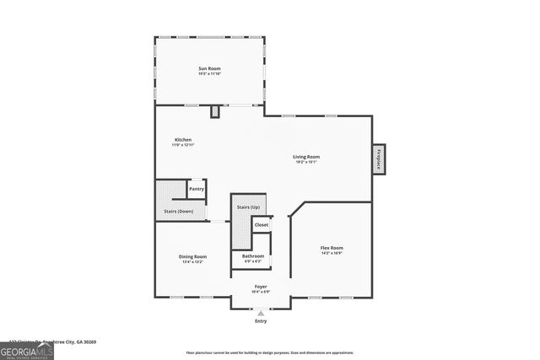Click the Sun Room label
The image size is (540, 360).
209,67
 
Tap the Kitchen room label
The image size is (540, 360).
183,139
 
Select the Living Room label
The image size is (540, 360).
306,157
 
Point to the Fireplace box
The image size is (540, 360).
379,159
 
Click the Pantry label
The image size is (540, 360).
196,189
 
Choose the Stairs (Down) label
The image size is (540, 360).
179,211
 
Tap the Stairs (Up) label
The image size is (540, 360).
248,207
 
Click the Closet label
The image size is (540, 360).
261,225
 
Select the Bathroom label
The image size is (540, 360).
253,255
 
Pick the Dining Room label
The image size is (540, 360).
192,256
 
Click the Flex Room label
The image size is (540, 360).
331,248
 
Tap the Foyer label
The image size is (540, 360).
261,287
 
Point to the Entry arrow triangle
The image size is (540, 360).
261,313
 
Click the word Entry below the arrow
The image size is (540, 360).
261,321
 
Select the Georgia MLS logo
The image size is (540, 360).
27,350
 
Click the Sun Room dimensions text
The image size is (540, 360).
209,73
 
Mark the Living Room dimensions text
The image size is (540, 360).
306,163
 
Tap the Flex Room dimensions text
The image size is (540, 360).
331,254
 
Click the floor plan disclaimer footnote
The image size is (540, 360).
270,352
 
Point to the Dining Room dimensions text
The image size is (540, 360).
192,262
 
